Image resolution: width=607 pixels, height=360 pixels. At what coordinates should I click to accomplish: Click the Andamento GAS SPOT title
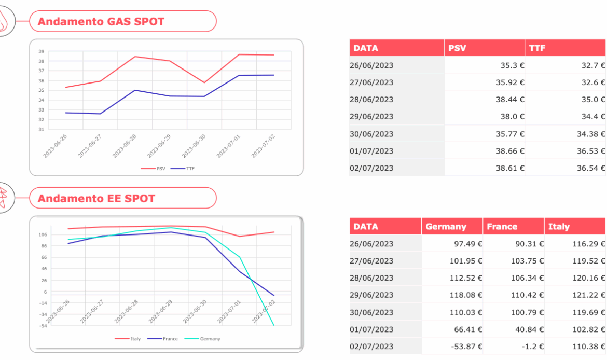coord(101,22)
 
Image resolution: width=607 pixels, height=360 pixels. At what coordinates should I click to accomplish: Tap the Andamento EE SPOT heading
coord(96,199)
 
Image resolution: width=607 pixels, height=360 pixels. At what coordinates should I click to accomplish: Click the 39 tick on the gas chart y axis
coord(41,51)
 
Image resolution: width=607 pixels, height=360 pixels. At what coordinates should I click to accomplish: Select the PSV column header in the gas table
coord(457,48)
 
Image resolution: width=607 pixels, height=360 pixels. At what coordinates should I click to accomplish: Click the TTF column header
coord(537,48)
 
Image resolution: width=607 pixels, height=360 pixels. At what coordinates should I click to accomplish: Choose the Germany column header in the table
coord(446,227)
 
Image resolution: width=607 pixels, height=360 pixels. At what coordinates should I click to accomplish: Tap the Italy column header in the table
coord(559,227)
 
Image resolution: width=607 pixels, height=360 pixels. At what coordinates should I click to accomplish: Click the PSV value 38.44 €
coord(508,100)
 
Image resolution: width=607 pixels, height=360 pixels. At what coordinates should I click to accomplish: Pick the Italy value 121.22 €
coord(589,295)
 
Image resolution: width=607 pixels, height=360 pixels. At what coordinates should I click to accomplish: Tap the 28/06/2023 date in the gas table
coord(371,100)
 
